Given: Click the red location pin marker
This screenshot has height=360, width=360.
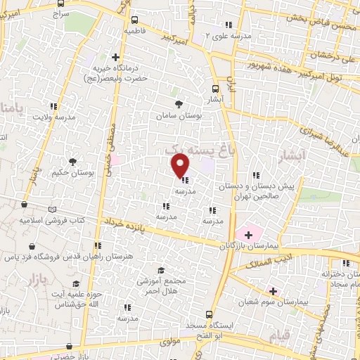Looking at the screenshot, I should [181, 165].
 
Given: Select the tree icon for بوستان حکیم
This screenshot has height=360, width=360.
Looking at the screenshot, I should [73, 162].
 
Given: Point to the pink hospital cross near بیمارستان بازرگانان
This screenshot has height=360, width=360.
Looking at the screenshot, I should [247, 233].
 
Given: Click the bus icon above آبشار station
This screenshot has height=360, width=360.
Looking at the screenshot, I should [216, 89].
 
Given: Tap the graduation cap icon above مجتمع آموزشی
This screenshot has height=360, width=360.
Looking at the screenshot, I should [161, 271].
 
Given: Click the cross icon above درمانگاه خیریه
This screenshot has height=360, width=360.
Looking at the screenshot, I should [116, 57].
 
